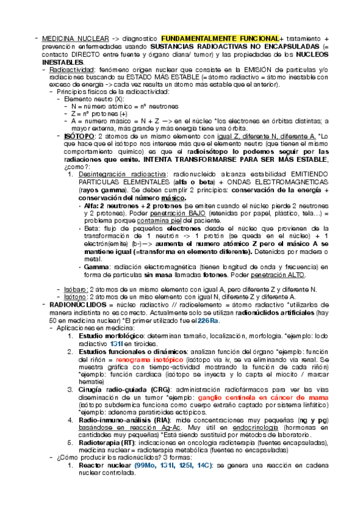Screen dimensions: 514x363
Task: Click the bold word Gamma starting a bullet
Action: coord(97,266)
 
